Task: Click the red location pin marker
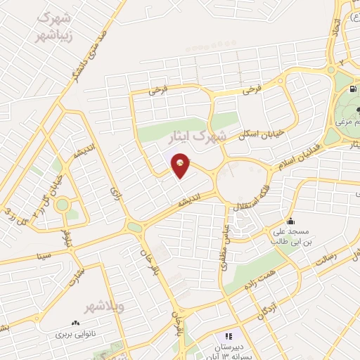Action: point(181,165)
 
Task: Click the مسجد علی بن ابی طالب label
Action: point(290,236)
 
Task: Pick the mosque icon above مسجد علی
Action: point(290,221)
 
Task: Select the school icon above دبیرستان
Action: point(227,336)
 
